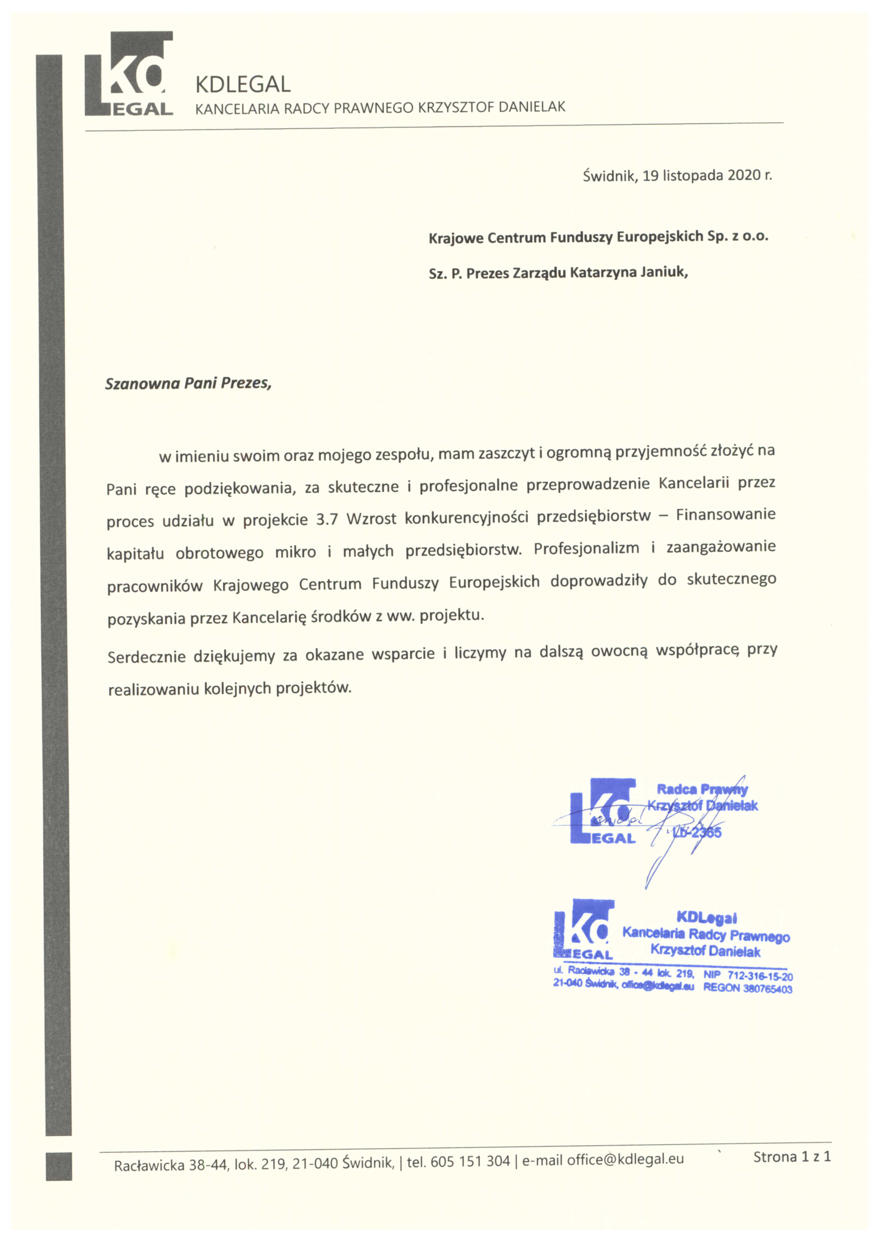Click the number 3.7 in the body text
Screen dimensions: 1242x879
(327, 520)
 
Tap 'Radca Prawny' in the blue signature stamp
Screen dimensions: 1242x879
(702, 789)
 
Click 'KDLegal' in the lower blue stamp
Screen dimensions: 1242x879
(706, 918)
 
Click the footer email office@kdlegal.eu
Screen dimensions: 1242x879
(625, 1159)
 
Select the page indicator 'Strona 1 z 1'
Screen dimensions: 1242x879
(791, 1157)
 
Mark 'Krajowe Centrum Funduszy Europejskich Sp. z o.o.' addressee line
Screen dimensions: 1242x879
(598, 237)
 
